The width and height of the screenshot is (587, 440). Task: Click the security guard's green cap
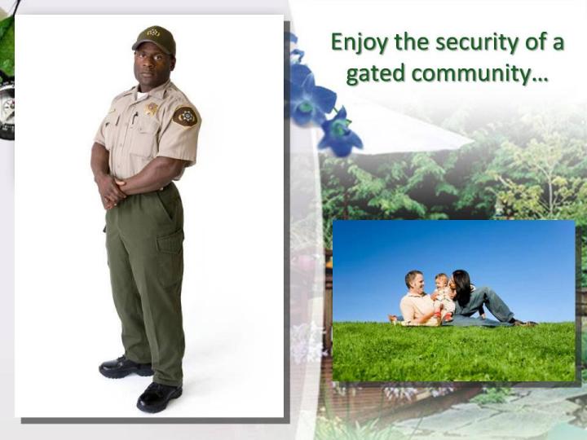tap(154, 38)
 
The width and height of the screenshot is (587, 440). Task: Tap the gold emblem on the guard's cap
tap(152, 33)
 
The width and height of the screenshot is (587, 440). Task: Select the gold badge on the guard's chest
tap(152, 109)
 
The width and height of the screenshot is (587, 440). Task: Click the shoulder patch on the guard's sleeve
tap(185, 117)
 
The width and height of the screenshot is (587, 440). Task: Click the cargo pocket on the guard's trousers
tap(170, 243)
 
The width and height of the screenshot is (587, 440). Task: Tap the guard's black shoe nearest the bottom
tap(159, 396)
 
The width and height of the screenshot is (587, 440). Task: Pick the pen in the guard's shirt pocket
tap(135, 118)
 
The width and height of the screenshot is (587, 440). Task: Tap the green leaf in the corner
tap(7, 46)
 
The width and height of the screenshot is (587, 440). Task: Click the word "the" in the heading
tap(412, 42)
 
